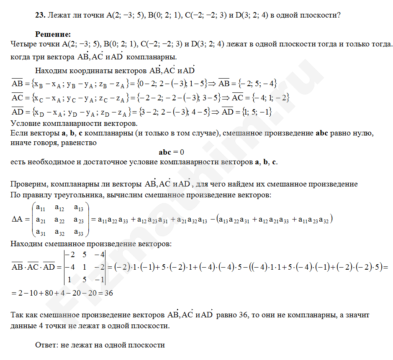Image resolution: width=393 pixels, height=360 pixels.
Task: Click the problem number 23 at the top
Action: click(x=40, y=15)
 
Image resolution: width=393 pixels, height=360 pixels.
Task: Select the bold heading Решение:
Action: click(x=53, y=34)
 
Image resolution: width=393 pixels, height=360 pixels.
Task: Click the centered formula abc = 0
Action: click(x=172, y=152)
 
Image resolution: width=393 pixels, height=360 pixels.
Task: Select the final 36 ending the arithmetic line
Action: click(x=109, y=293)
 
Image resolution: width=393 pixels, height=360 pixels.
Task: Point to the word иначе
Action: click(x=20, y=143)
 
